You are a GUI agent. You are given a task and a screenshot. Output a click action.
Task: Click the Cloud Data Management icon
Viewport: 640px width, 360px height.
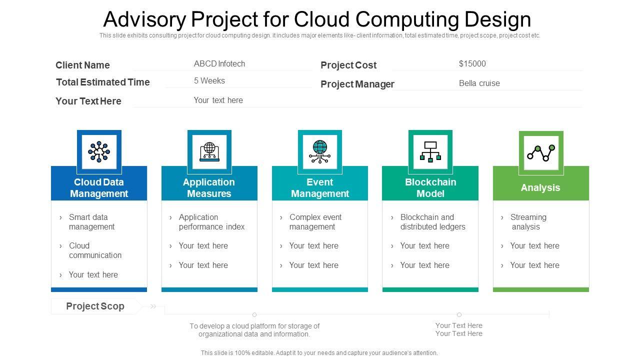(x=99, y=151)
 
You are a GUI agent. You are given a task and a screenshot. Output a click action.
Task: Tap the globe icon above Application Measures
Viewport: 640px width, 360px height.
(x=209, y=151)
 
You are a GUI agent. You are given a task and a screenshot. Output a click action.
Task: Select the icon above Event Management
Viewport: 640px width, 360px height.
(x=319, y=151)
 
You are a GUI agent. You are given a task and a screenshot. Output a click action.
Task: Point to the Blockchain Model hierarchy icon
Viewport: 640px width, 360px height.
(x=430, y=151)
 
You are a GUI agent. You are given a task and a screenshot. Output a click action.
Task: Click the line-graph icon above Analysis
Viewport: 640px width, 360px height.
(x=541, y=152)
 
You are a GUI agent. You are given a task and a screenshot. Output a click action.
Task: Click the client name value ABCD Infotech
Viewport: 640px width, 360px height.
(x=219, y=63)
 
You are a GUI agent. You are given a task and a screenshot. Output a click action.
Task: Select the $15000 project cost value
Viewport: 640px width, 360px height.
(x=472, y=63)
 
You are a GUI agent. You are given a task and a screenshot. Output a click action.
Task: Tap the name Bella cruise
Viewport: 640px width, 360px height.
(x=479, y=83)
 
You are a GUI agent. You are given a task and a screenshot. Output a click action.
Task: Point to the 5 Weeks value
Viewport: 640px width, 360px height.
(x=209, y=80)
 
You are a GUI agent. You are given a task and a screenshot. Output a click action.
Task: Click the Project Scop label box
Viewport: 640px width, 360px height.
(x=95, y=306)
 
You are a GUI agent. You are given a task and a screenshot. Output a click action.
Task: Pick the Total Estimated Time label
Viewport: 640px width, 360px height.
(x=103, y=82)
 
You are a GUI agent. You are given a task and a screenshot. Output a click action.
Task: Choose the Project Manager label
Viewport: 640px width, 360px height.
(x=357, y=84)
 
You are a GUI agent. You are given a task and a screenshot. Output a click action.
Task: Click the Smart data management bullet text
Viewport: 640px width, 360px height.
(x=91, y=222)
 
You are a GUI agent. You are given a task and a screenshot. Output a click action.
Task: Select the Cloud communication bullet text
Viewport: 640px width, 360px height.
(x=95, y=250)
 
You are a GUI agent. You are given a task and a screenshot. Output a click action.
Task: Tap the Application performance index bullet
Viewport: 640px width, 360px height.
(x=211, y=222)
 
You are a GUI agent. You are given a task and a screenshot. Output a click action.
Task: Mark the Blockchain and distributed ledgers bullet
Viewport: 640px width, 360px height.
(x=432, y=222)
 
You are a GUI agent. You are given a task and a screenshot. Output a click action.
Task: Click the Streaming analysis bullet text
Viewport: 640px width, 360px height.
(x=528, y=222)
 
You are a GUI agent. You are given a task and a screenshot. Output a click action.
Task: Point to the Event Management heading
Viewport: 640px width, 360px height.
(x=320, y=187)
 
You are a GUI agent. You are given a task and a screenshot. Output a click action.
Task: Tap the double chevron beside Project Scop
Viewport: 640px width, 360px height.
(x=153, y=306)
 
